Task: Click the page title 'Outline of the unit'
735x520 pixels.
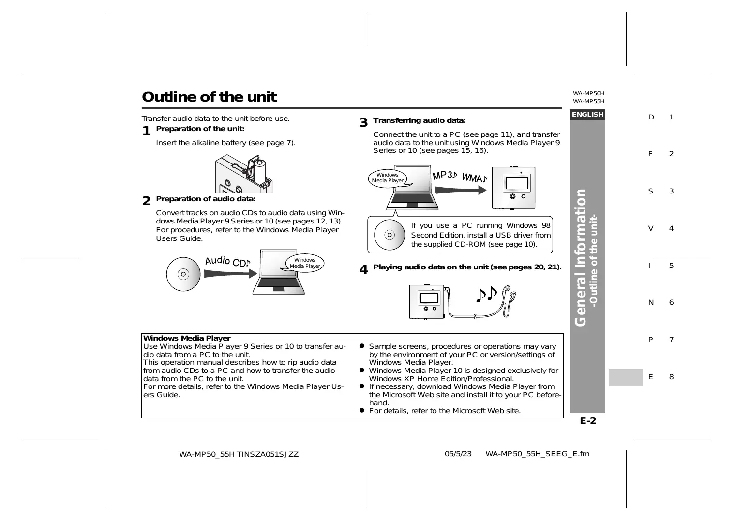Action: pos(209,97)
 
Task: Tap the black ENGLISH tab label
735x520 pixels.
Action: pos(587,115)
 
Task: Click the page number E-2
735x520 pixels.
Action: pos(588,420)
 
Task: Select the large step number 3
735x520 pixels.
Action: pos(363,123)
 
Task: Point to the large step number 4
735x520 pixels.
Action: pos(363,270)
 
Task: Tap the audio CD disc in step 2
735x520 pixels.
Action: pos(183,274)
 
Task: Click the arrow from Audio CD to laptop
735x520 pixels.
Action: pos(230,274)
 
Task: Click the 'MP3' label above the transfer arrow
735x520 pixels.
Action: pos(444,176)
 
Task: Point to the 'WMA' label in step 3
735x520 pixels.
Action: pos(475,178)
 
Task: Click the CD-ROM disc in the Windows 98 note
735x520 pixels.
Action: pos(390,235)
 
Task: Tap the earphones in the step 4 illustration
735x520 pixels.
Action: pos(508,300)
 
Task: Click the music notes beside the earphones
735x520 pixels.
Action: pos(487,294)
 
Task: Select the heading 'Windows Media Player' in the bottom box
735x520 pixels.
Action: pos(187,338)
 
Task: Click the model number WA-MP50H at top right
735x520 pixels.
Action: pos(589,93)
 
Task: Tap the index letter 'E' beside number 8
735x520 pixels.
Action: pos(650,377)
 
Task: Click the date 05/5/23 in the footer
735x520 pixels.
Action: pos(458,454)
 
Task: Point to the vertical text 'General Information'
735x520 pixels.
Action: pos(580,257)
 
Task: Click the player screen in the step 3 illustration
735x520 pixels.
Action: pos(517,183)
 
